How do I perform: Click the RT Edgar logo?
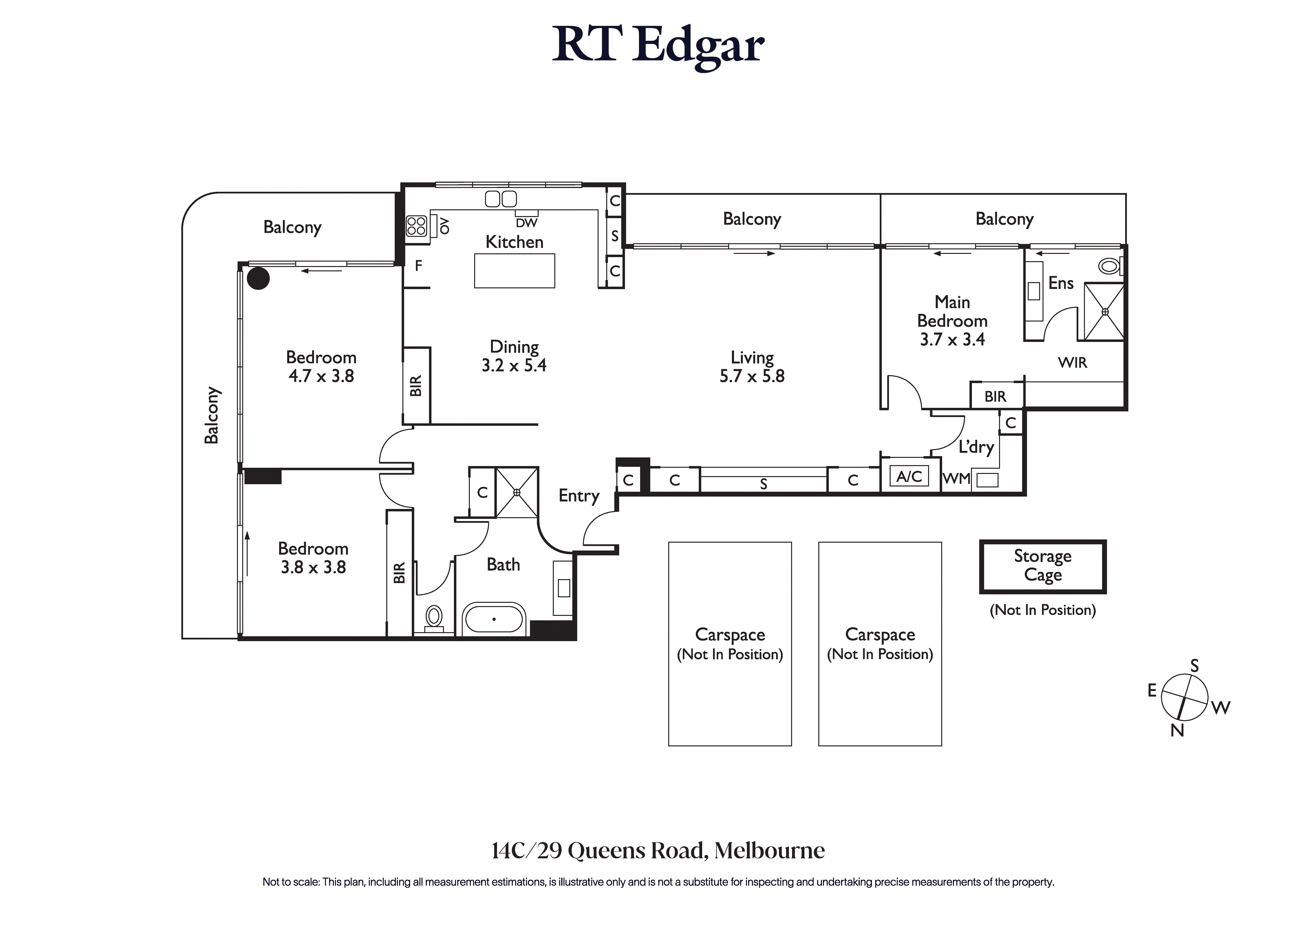coord(658,46)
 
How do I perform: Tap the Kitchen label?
coord(514,242)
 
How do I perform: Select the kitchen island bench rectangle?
coord(514,271)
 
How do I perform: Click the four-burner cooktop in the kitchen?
coord(416,226)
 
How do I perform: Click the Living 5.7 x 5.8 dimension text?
coord(752,376)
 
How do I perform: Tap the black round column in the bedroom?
coord(259,279)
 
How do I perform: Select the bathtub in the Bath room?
coord(493,619)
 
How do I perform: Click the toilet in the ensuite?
coord(1109,266)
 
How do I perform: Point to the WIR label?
coord(1072,363)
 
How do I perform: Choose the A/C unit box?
coord(909,476)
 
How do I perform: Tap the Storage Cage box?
coord(1042,566)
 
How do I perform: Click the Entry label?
coord(579,495)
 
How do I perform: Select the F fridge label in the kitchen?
coord(419,266)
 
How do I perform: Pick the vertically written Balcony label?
coord(212,415)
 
